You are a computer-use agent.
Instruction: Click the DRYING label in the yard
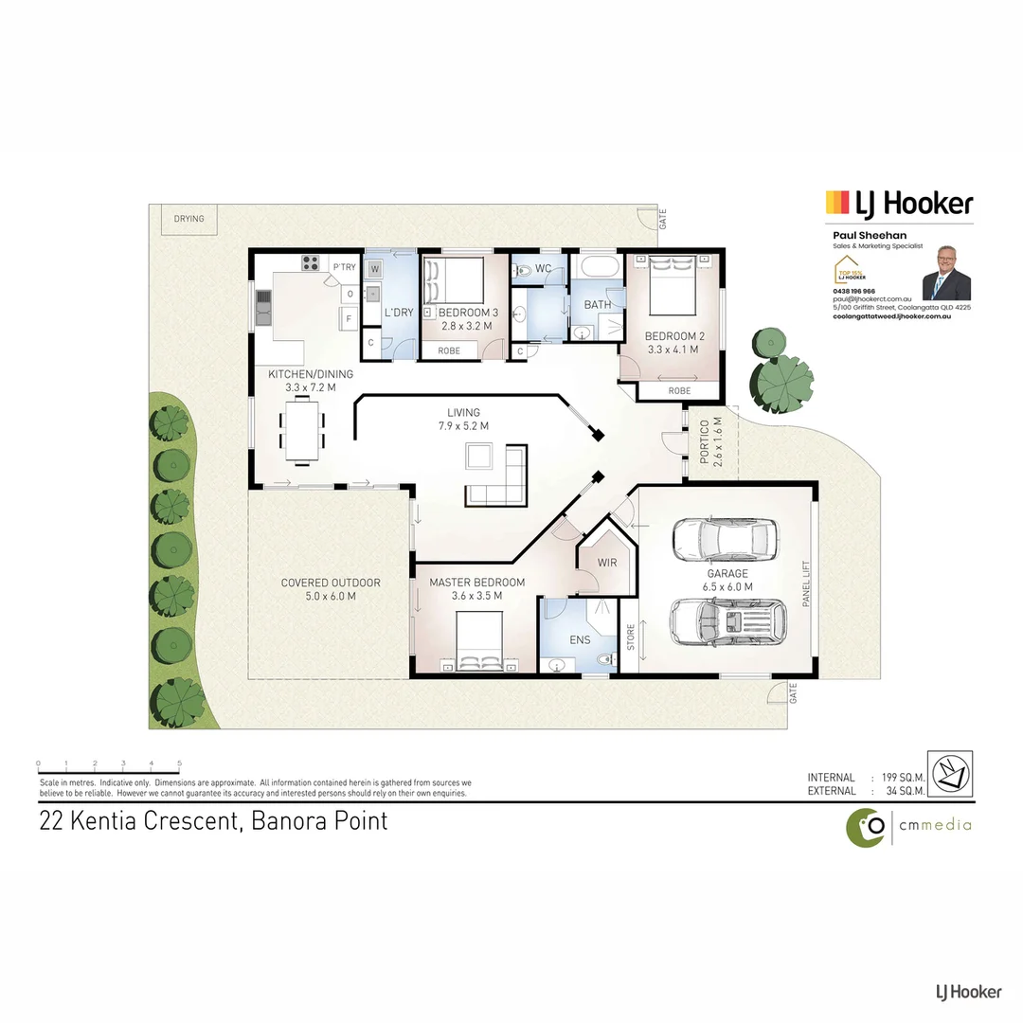188,219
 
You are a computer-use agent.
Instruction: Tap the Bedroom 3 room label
468,313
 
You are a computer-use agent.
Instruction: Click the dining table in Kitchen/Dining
302,430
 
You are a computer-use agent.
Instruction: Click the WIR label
607,563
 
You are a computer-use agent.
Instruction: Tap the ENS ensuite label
580,640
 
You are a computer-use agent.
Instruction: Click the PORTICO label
704,443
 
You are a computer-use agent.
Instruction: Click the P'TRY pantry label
344,267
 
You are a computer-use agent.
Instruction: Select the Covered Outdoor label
331,583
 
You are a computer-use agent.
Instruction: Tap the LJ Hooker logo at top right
899,203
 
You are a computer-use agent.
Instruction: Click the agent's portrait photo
945,273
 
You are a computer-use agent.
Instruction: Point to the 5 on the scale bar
179,763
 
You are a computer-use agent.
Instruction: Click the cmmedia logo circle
866,827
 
